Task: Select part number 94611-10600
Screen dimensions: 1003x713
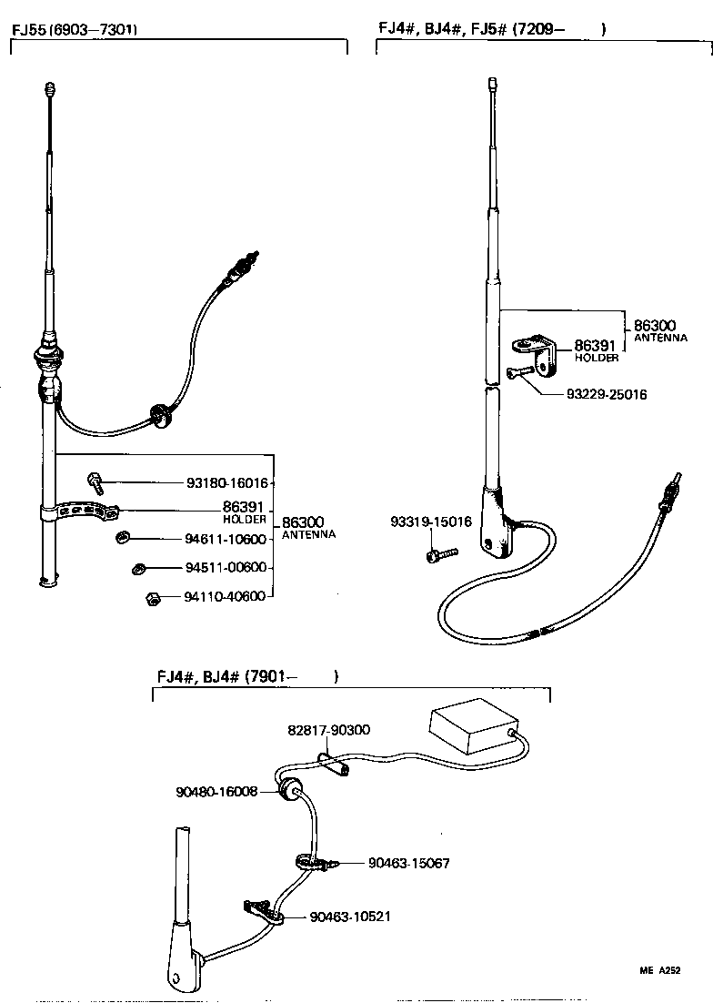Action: pyautogui.click(x=226, y=539)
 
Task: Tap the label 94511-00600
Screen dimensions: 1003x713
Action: pyautogui.click(x=226, y=568)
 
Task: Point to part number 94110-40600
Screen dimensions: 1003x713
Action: pyautogui.click(x=225, y=597)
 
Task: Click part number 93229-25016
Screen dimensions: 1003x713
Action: pyautogui.click(x=607, y=394)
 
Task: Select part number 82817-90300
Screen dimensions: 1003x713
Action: pyautogui.click(x=328, y=730)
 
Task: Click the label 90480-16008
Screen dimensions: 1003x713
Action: pyautogui.click(x=216, y=792)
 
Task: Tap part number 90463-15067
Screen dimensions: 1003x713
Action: pyautogui.click(x=409, y=863)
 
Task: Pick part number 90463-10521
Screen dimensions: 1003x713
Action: pyautogui.click(x=350, y=917)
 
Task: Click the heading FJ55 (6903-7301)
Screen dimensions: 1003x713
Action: pyautogui.click(x=75, y=29)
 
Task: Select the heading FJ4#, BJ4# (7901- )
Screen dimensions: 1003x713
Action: pyautogui.click(x=246, y=676)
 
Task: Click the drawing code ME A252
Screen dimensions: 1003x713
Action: pyautogui.click(x=659, y=971)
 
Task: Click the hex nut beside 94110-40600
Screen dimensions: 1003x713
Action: pyautogui.click(x=153, y=598)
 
